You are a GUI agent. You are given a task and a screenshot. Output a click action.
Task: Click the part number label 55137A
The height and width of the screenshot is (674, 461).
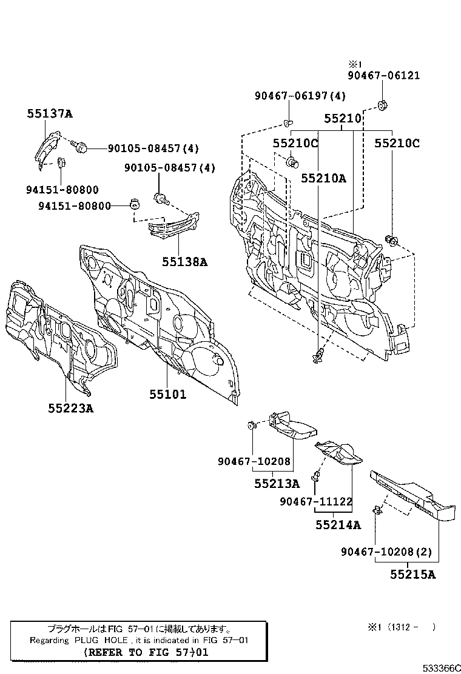49,113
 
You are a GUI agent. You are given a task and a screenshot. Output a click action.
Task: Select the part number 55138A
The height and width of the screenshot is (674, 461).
184,262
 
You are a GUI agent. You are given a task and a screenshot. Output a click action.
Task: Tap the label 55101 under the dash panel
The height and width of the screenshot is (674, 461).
168,395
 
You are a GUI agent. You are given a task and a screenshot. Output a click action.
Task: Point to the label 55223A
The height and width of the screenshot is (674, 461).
71,408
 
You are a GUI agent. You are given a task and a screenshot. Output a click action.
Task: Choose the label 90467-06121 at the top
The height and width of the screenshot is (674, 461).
383,76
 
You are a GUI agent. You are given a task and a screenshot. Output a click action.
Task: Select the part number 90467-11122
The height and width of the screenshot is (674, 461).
316,502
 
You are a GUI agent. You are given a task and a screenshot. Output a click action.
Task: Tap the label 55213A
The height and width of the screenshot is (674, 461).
277,484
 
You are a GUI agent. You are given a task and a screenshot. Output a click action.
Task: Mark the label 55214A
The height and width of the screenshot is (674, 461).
338,525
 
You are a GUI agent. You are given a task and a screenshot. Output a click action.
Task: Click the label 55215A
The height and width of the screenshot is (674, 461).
412,575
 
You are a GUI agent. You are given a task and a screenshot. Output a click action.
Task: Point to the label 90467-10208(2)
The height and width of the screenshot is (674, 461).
386,552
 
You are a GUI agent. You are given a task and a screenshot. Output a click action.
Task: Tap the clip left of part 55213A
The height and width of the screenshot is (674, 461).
251,425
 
